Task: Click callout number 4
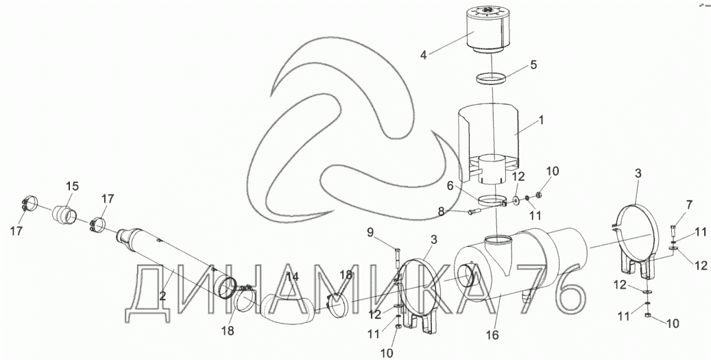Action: coord(423,53)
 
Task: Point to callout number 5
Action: coord(533,66)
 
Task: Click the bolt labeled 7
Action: coord(673,234)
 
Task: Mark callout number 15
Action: coord(72,186)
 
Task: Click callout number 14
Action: coord(293,276)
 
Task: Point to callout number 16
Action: coord(492,335)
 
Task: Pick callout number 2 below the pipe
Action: coord(162,296)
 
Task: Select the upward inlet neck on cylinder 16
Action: coord(498,245)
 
